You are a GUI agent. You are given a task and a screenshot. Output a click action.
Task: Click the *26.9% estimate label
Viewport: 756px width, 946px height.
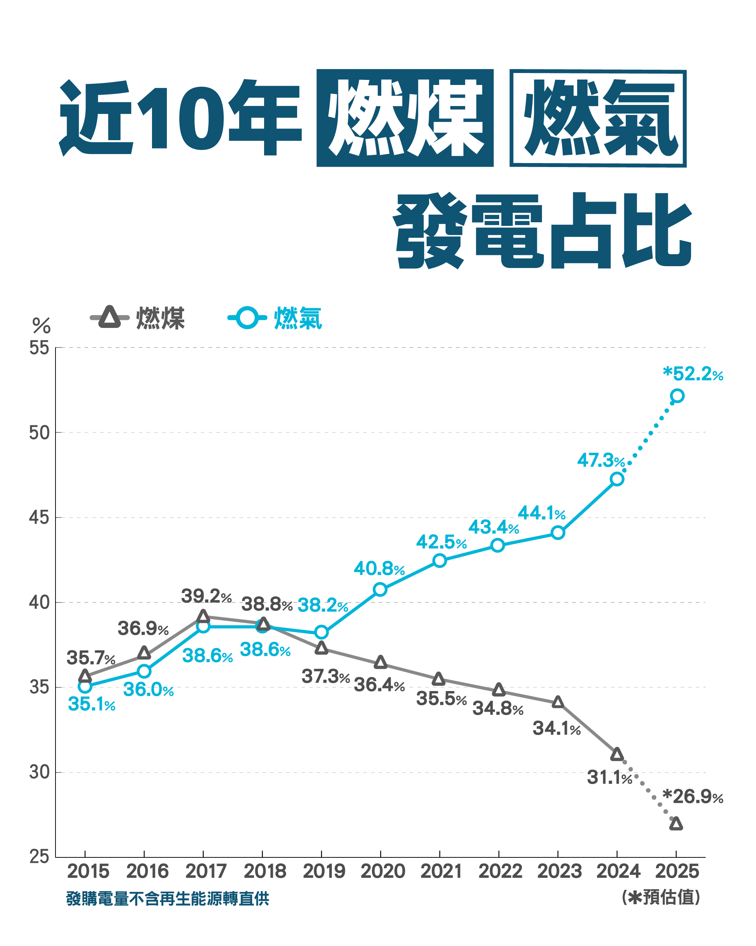(x=693, y=797)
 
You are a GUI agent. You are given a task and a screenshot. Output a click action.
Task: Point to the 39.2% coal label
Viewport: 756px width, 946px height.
(x=206, y=596)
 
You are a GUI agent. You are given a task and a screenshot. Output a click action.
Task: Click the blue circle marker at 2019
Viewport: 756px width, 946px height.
(x=321, y=632)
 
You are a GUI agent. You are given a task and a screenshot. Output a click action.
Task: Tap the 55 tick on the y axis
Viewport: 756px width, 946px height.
(x=39, y=348)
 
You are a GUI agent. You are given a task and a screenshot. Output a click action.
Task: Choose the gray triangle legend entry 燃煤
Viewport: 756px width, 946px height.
(x=138, y=318)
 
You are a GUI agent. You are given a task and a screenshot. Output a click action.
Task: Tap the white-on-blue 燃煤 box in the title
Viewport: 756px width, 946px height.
(x=405, y=118)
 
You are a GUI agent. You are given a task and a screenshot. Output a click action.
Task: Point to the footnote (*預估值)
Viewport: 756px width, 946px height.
(x=660, y=897)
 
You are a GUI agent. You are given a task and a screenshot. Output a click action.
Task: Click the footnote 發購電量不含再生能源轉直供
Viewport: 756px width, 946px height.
(x=168, y=899)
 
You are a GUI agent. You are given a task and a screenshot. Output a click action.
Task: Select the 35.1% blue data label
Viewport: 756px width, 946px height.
(x=91, y=704)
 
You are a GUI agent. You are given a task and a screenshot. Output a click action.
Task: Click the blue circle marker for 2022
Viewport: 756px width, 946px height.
(x=497, y=545)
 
